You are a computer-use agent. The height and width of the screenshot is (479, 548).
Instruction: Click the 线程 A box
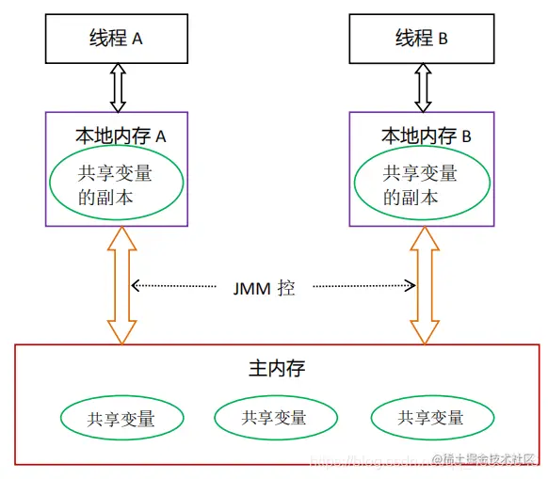tap(118, 39)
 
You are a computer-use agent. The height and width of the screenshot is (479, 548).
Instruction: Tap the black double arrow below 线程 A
tap(118, 88)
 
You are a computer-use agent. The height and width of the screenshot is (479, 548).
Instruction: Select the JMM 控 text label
tap(265, 288)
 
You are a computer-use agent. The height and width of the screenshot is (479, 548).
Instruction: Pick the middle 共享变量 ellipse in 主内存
tap(275, 418)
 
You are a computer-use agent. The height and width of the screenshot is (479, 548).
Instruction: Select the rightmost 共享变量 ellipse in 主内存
tap(431, 418)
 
